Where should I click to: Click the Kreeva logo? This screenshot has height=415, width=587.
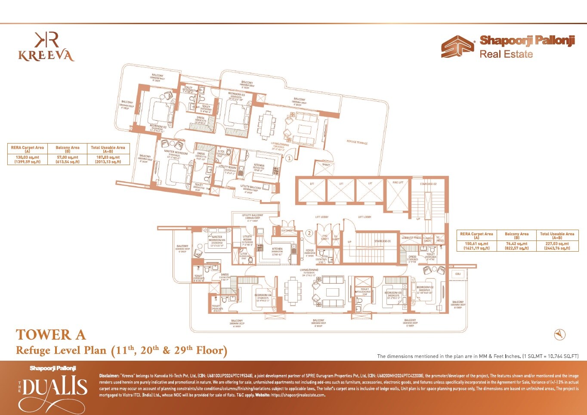46,47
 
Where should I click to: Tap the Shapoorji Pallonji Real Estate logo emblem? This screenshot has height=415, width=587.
457,47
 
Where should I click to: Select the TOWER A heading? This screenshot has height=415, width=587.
51,335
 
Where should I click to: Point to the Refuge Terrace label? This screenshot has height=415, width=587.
357,142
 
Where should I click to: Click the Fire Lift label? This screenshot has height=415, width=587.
398,183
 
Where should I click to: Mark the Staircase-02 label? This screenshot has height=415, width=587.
428,184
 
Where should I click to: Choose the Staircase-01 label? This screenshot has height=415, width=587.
382,241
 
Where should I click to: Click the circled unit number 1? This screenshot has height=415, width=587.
290,158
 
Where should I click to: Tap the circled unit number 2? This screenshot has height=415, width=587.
309,233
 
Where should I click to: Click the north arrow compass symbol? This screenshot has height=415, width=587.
559,334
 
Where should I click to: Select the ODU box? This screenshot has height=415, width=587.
458,274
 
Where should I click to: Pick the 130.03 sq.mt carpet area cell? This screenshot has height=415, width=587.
28,159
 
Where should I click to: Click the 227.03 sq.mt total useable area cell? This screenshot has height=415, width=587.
557,246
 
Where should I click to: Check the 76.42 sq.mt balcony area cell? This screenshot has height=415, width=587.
516,246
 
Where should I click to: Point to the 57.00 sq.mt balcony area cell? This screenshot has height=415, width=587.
68,159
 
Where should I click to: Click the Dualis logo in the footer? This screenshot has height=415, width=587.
53,388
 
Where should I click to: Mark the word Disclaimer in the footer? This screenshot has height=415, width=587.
109,376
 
